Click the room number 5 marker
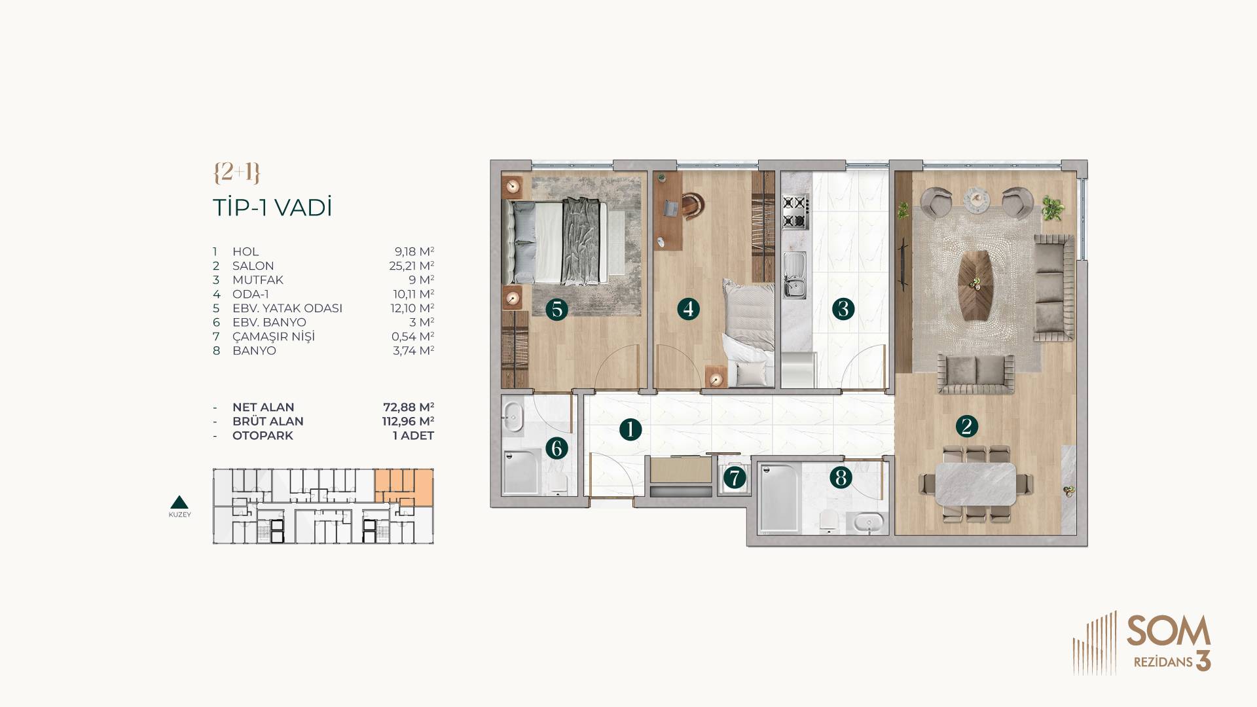(x=556, y=308)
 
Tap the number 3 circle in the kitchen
(x=843, y=308)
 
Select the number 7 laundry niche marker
(x=735, y=478)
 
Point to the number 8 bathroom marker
(x=841, y=477)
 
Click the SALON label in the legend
(x=253, y=266)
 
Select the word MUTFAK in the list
(x=258, y=280)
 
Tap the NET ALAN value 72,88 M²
(x=409, y=407)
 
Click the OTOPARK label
(x=263, y=435)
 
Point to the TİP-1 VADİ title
(x=272, y=208)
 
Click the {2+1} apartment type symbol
(x=236, y=172)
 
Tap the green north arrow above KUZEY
(x=179, y=502)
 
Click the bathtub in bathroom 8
(x=778, y=498)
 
